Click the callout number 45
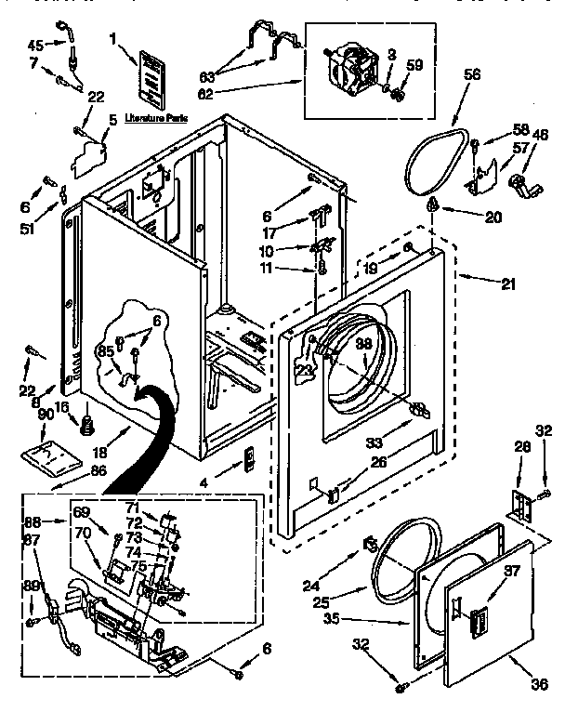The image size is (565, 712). click(x=34, y=44)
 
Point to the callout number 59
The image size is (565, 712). click(x=414, y=65)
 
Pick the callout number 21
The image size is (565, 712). click(x=506, y=283)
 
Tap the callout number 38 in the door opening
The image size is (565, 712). click(x=363, y=344)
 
